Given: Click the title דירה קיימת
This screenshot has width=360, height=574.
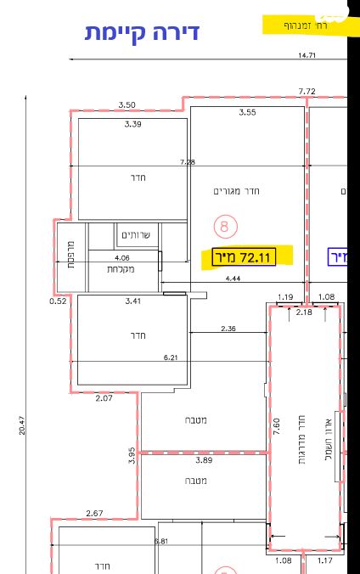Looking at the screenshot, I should pyautogui.click(x=142, y=32).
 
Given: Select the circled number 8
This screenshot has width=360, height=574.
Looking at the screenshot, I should pyautogui.click(x=225, y=225).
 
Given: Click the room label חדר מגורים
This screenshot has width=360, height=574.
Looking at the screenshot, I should pyautogui.click(x=237, y=191).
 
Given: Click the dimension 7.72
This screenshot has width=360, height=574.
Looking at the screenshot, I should pyautogui.click(x=307, y=91).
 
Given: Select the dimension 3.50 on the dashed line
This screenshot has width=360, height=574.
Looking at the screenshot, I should pyautogui.click(x=127, y=104).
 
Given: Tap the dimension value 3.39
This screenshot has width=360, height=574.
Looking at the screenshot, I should pyautogui.click(x=132, y=125).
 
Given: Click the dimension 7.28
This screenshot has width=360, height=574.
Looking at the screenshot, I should pyautogui.click(x=188, y=161).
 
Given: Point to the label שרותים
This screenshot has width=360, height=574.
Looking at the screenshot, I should pyautogui.click(x=135, y=235).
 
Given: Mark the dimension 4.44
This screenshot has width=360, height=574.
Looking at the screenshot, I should pyautogui.click(x=233, y=278).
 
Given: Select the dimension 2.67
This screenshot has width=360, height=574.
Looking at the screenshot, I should pyautogui.click(x=95, y=513).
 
